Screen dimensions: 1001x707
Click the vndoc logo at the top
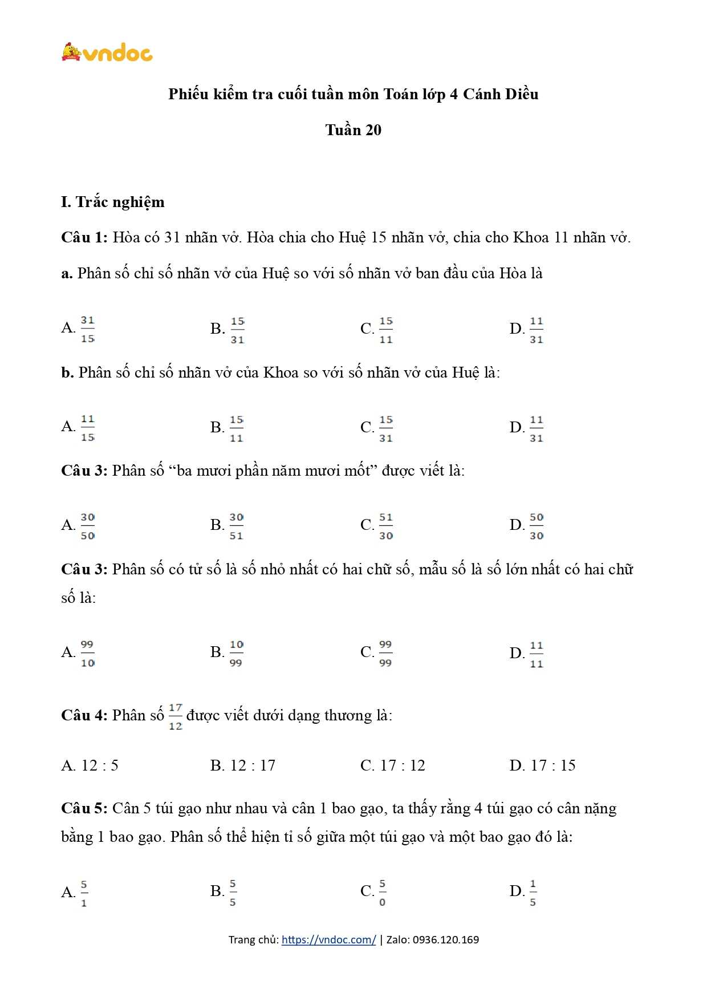click(107, 53)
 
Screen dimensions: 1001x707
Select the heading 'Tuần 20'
click(353, 130)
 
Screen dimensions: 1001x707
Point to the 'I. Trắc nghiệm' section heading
click(113, 202)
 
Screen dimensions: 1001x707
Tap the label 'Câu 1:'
click(84, 237)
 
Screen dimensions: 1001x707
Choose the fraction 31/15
click(87, 329)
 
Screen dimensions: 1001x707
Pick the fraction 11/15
click(87, 428)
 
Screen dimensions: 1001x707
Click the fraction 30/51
click(236, 526)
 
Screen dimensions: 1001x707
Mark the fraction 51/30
click(386, 526)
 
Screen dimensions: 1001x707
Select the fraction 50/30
click(537, 526)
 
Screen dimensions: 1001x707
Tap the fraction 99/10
click(87, 653)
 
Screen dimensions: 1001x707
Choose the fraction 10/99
click(236, 653)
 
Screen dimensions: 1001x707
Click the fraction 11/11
click(537, 654)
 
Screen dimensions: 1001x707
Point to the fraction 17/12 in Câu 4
click(175, 716)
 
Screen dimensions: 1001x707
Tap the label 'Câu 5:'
click(84, 808)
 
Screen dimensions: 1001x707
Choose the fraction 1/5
click(533, 893)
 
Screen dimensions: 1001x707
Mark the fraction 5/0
click(382, 893)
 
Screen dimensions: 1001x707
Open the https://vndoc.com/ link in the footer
click(328, 939)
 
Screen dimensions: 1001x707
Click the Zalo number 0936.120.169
click(445, 939)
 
